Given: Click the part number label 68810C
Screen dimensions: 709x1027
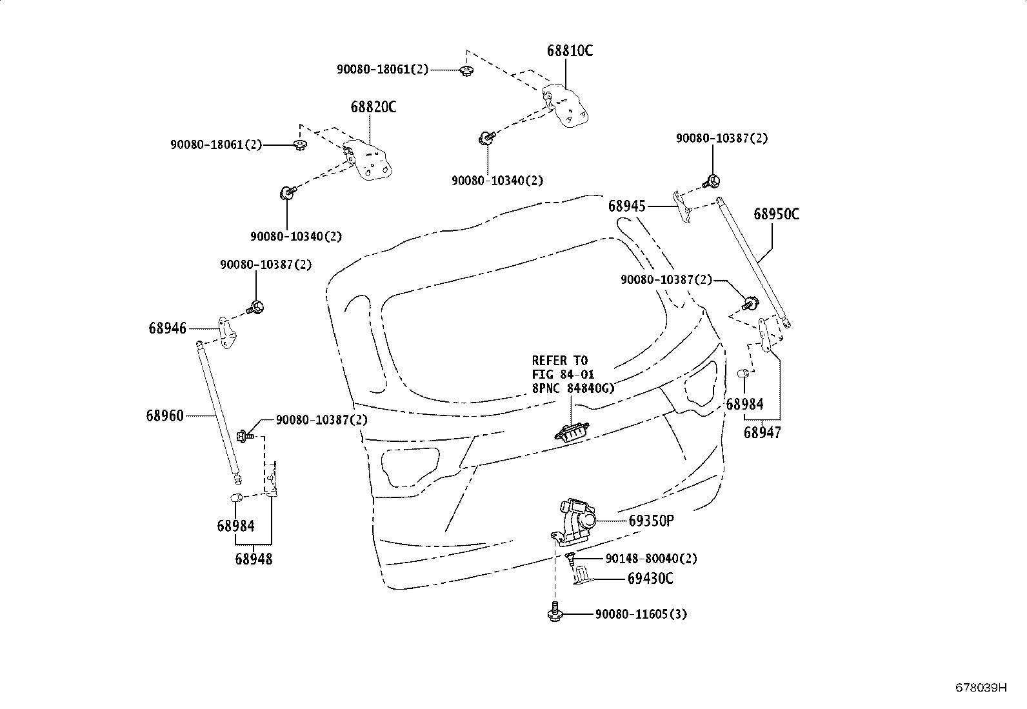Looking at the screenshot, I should (569, 51).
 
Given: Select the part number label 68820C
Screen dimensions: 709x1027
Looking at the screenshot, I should (373, 107).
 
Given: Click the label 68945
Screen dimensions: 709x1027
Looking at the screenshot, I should (626, 206).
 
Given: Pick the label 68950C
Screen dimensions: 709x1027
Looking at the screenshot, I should (776, 214).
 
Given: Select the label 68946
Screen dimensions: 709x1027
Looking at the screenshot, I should (167, 328).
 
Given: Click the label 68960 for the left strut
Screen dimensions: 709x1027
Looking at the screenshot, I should (165, 416).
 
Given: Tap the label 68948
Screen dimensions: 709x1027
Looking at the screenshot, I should (254, 559).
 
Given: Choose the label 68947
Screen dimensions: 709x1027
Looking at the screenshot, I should (762, 433).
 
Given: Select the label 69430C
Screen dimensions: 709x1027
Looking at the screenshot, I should (650, 579).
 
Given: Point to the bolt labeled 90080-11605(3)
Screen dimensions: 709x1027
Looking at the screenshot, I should (554, 612).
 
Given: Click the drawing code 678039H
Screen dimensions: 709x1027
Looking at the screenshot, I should (981, 688).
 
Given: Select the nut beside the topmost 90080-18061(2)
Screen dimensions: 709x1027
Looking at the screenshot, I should (465, 70).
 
